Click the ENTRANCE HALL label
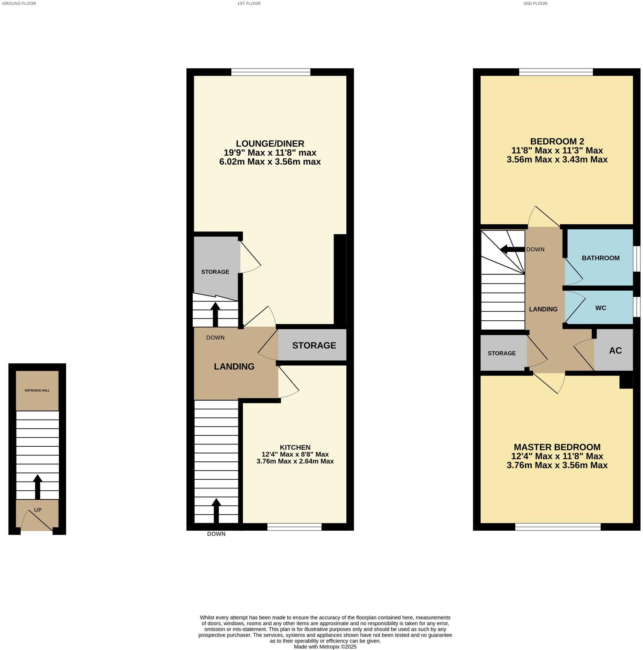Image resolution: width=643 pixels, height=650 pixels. click(37, 390)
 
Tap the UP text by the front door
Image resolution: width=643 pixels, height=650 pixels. click(38, 510)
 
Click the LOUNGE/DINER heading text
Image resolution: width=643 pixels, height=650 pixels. click(270, 143)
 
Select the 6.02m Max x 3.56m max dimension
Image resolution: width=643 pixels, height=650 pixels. click(270, 162)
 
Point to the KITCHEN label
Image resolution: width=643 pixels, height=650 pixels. click(295, 447)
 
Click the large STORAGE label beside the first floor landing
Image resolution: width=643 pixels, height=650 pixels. click(314, 345)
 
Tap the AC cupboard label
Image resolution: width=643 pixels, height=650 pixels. click(615, 350)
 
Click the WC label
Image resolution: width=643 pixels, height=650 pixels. click(601, 308)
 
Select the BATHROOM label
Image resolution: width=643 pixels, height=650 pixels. click(600, 258)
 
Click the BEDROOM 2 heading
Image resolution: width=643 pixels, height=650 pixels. click(557, 141)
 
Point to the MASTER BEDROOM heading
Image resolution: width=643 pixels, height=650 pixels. click(557, 447)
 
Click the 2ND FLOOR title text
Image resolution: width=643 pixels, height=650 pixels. click(535, 3)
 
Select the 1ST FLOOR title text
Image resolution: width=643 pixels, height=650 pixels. click(249, 3)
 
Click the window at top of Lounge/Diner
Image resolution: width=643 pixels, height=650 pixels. click(270, 72)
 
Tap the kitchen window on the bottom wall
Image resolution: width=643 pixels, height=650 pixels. click(294, 527)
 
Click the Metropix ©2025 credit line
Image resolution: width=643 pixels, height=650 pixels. click(325, 647)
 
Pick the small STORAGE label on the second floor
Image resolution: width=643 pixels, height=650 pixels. click(501, 353)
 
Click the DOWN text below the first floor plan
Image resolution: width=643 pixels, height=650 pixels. click(216, 534)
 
